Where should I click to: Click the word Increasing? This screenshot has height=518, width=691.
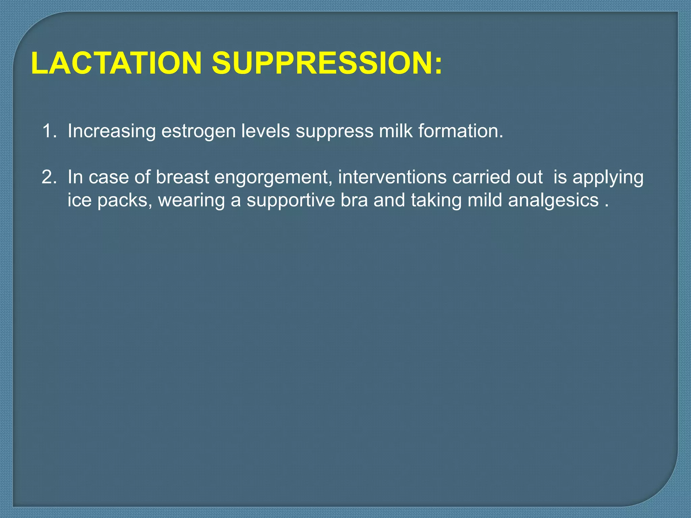click(111, 131)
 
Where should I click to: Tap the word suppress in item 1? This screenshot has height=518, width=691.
click(334, 132)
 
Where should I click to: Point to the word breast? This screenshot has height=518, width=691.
click(182, 177)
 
